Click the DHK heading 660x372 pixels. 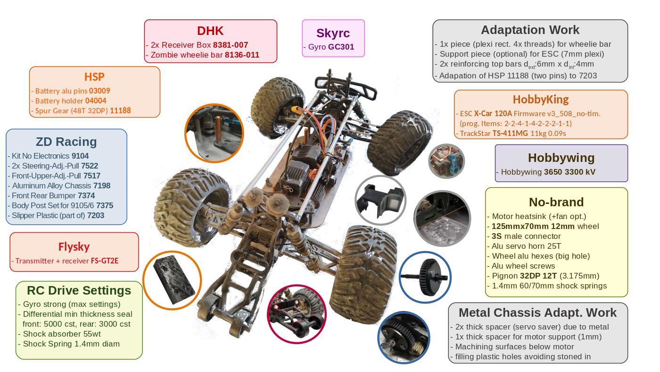pos(210,31)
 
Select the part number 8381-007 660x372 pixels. pos(231,45)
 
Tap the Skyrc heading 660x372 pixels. pos(333,33)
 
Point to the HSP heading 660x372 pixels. pos(94,77)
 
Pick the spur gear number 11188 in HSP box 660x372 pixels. pos(120,110)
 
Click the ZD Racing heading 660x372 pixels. pos(66,142)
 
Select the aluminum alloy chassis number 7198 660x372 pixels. pos(102,186)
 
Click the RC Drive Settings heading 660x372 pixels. pos(79,290)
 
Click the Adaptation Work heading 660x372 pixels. pos(530,30)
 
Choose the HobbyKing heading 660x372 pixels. pos(541,100)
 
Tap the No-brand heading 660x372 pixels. pos(556,202)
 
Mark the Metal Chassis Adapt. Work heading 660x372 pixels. pos(537,313)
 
